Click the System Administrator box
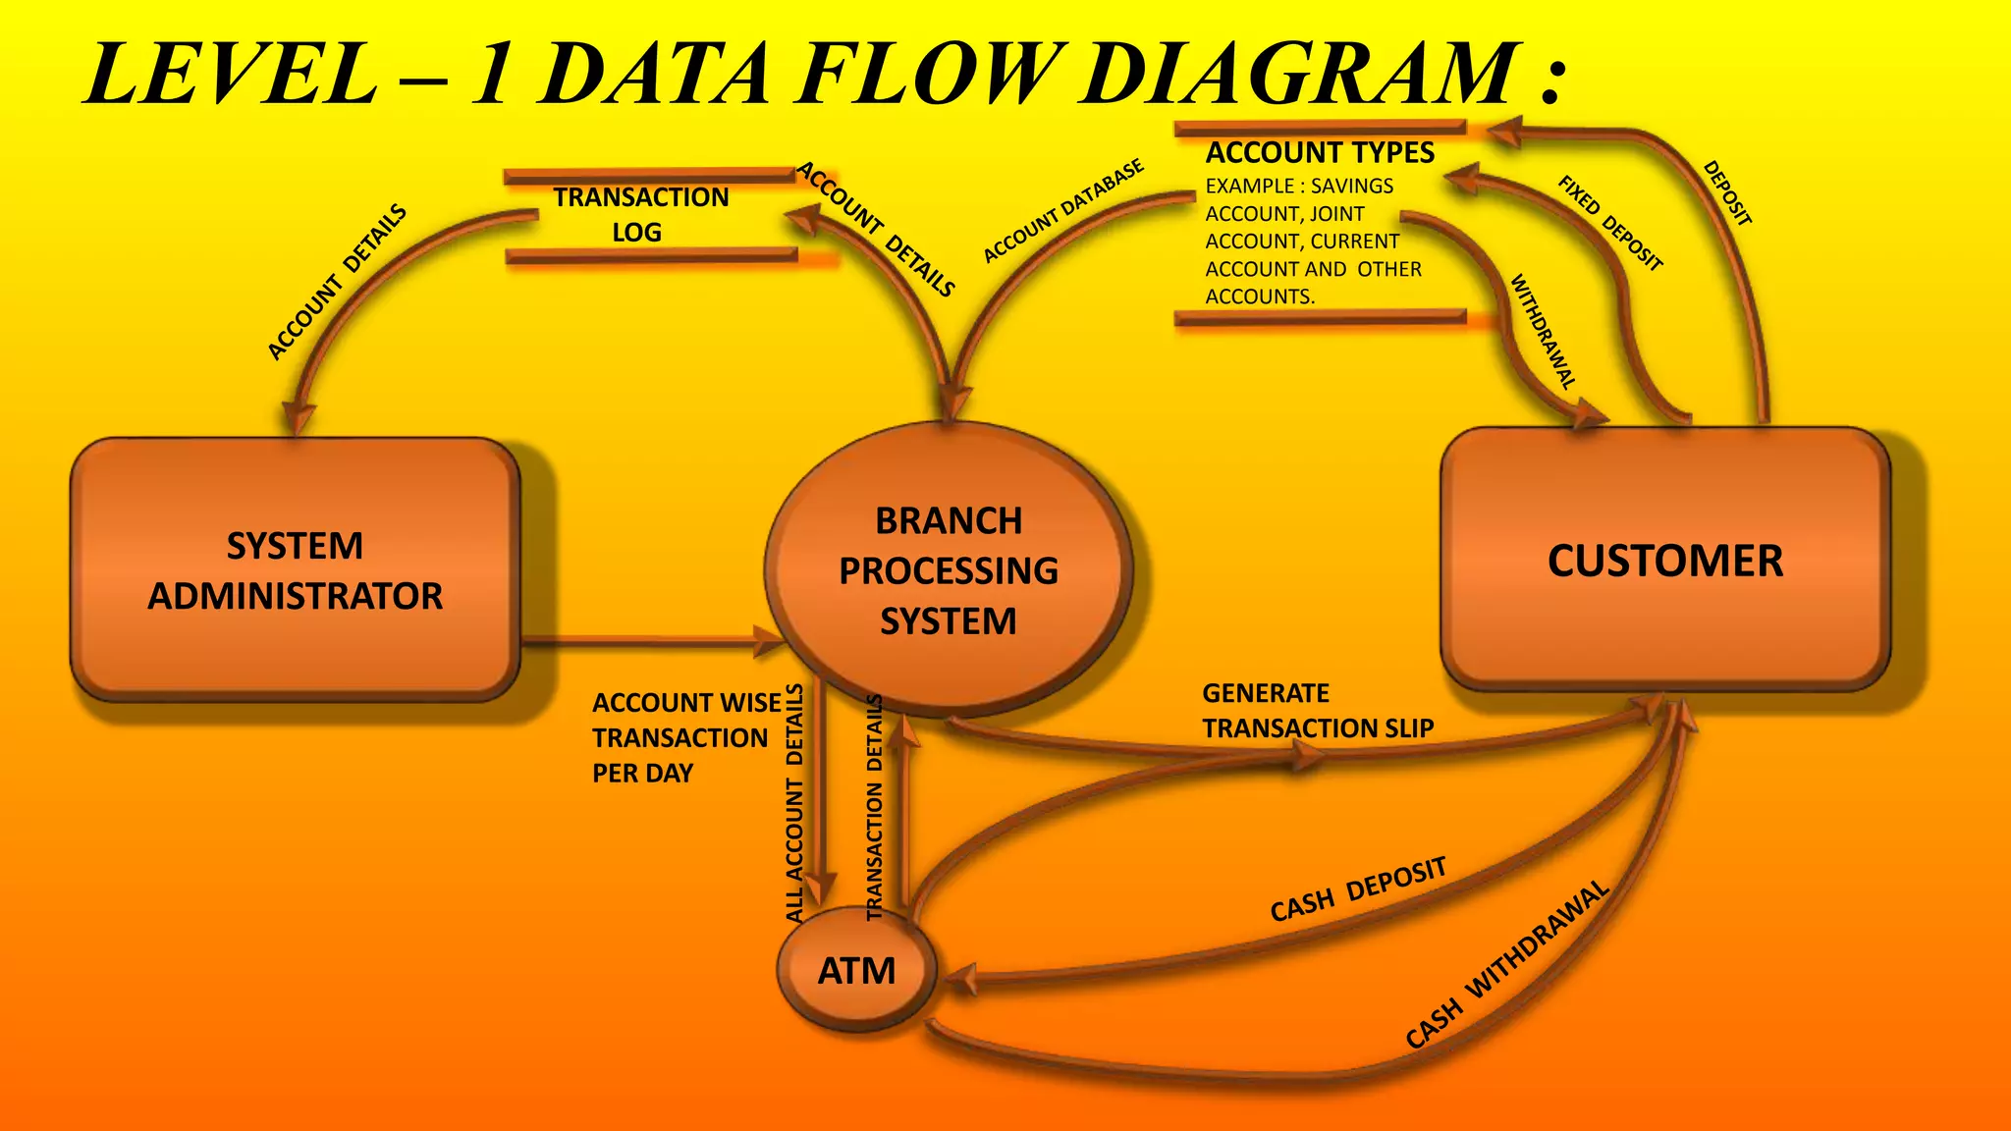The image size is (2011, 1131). [295, 569]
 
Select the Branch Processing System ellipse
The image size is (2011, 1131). [949, 569]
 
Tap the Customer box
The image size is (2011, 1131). [1665, 561]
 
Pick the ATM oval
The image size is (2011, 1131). [856, 970]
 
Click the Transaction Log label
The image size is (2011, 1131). [640, 215]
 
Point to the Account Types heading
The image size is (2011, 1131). [1320, 153]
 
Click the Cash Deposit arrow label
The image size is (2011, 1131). [1358, 890]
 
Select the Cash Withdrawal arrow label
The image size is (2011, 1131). [1507, 965]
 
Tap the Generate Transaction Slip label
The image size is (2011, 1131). [1317, 711]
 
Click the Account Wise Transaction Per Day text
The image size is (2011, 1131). [685, 738]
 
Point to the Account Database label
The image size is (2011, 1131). [1063, 211]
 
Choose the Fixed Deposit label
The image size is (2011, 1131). [1610, 223]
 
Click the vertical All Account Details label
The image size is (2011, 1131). [794, 803]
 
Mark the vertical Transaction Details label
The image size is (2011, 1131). [874, 807]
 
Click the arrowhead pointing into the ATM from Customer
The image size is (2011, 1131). [958, 980]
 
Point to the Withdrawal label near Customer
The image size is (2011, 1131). [1543, 332]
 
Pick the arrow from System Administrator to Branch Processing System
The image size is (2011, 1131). [648, 642]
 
